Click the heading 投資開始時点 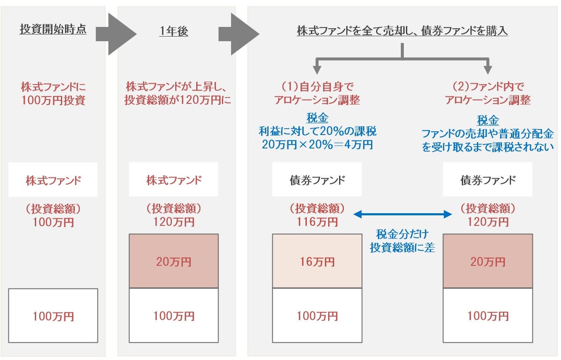(53, 30)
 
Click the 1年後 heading (174, 32)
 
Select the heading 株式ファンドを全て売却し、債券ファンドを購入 (402, 32)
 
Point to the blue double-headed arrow (402, 215)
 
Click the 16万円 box (317, 261)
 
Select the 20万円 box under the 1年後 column (174, 261)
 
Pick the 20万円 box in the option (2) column (487, 261)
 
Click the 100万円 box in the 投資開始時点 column (53, 315)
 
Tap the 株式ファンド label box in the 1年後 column (174, 180)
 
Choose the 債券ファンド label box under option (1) (317, 180)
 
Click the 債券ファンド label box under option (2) (487, 180)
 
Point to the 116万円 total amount (317, 222)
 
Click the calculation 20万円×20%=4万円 (317, 145)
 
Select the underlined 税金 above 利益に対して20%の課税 (317, 119)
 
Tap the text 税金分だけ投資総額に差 (402, 241)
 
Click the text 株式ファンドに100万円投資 (53, 94)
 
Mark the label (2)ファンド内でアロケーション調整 (487, 94)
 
